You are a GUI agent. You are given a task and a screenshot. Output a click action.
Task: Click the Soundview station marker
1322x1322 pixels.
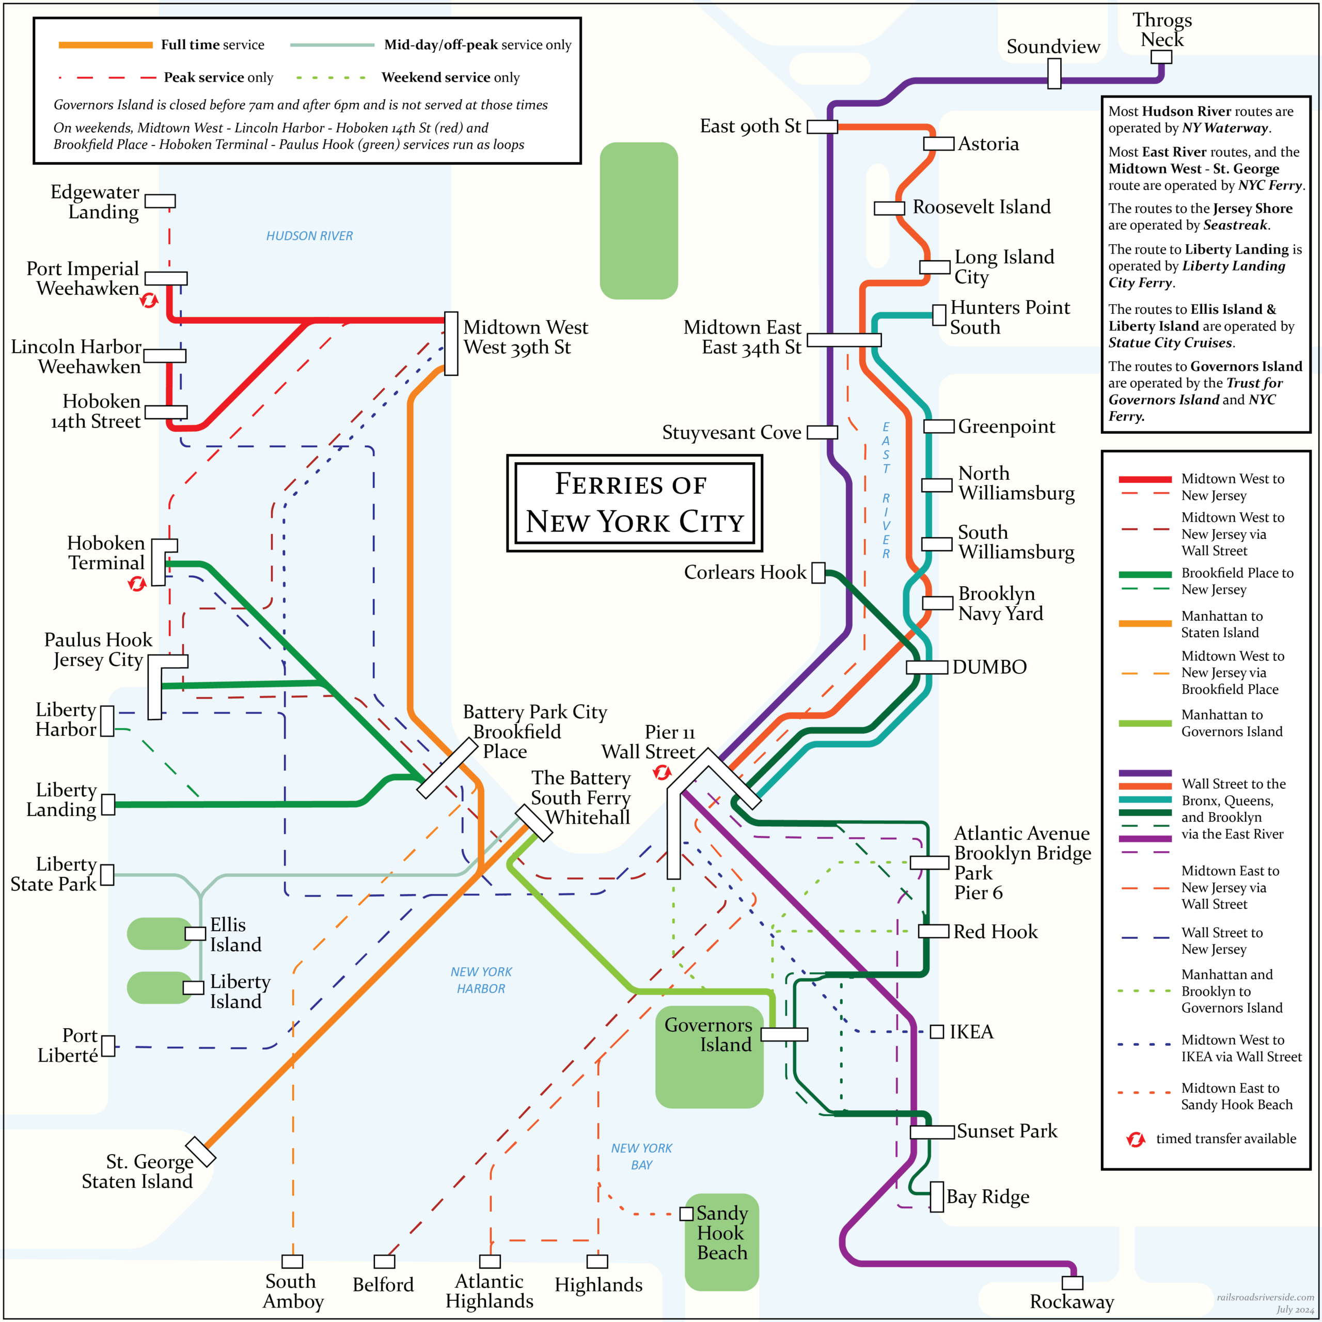1055,73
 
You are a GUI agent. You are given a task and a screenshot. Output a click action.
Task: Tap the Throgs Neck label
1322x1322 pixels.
1162,30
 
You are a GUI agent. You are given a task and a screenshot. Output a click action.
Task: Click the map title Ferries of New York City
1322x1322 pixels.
634,503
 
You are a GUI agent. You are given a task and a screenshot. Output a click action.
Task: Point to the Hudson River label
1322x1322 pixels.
309,236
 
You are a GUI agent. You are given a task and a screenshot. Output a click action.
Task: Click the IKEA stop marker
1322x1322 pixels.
937,1032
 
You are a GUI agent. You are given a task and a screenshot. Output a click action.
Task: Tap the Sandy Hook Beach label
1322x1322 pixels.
722,1233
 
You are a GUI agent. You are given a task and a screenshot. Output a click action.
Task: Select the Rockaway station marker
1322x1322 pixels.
1072,1282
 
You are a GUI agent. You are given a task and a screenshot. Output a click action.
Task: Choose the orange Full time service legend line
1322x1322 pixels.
105,45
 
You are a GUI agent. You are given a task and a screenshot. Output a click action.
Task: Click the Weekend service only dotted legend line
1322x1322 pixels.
331,78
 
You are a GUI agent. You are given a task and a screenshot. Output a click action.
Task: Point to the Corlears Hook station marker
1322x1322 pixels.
819,573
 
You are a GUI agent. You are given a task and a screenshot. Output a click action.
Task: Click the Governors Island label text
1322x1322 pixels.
708,1034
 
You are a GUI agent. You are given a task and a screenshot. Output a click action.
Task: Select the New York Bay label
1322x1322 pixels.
641,1156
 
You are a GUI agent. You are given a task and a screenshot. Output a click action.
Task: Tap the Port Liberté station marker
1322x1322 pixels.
108,1046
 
